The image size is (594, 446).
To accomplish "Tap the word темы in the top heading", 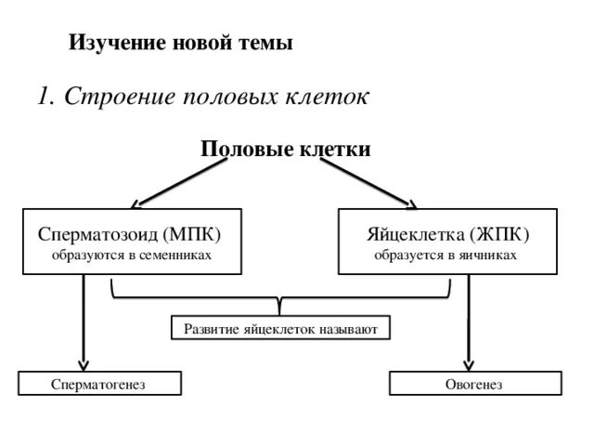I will tap(267, 43).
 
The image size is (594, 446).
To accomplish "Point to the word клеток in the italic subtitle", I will tap(329, 97).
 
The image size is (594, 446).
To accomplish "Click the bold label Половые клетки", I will tap(286, 150).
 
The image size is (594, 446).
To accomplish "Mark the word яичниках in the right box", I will tap(484, 254).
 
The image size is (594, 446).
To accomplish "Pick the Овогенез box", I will tap(474, 383).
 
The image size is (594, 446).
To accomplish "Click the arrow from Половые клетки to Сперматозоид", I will tap(181, 181).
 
